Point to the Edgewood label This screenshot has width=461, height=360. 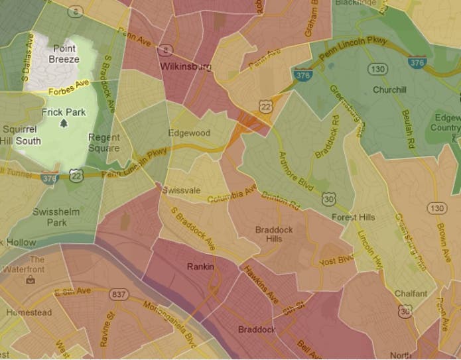189,133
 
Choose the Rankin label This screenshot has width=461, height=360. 200,267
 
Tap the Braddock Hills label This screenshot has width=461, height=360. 274,234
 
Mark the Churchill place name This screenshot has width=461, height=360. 389,90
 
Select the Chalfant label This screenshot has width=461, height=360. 411,293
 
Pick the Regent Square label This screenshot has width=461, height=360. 103,142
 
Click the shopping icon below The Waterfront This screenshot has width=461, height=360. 30,280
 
